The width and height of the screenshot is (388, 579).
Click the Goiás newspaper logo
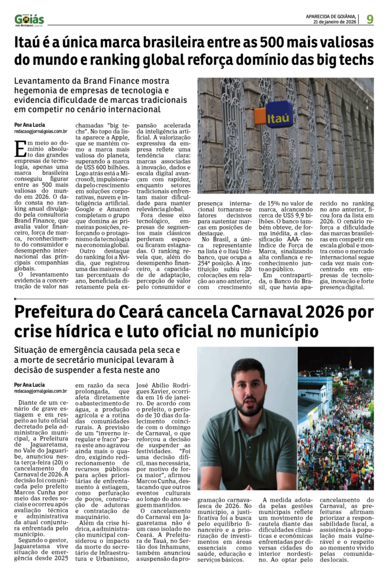coord(29,19)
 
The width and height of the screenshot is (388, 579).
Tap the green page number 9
coord(369,19)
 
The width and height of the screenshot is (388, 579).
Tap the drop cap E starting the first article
coord(19,149)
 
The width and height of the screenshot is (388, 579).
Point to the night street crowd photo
coord(335,418)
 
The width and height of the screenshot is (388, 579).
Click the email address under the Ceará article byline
coord(41,391)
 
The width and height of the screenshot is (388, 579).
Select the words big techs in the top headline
coord(342,60)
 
